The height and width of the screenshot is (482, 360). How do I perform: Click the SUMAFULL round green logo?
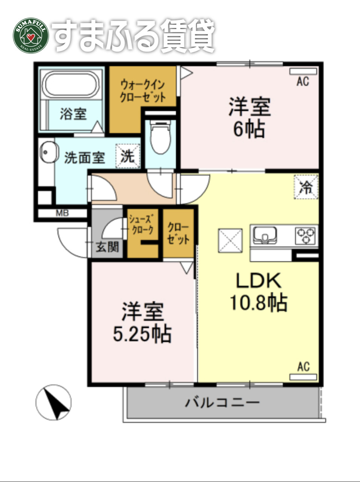click(x=31, y=36)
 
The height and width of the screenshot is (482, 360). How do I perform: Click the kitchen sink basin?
click(x=265, y=235)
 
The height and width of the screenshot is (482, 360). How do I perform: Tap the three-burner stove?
click(x=306, y=235)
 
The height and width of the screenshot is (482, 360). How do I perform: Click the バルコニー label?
click(x=222, y=403)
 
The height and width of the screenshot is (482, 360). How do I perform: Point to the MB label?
click(x=62, y=214)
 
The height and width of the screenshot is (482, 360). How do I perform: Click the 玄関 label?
click(x=107, y=247)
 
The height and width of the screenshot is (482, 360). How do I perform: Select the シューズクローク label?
click(x=141, y=224)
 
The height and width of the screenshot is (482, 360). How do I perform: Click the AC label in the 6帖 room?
click(x=303, y=81)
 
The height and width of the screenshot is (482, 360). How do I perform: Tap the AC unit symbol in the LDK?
click(x=303, y=376)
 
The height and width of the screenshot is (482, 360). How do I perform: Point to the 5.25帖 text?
click(x=142, y=334)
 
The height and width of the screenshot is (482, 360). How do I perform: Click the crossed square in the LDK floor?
click(x=230, y=240)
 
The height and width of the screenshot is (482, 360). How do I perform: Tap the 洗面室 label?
click(x=85, y=158)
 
